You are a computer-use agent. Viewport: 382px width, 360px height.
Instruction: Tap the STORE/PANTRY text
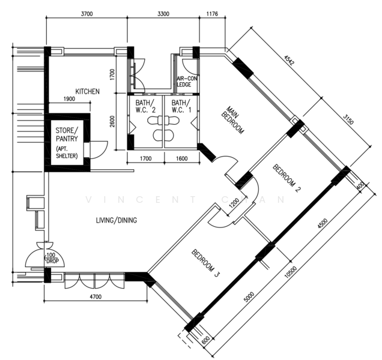[67, 134]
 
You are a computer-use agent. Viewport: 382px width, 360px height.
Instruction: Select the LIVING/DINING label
[117, 220]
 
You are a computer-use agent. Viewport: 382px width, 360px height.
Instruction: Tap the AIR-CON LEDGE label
[184, 82]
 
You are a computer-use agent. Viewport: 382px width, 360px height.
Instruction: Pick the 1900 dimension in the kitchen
[68, 99]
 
